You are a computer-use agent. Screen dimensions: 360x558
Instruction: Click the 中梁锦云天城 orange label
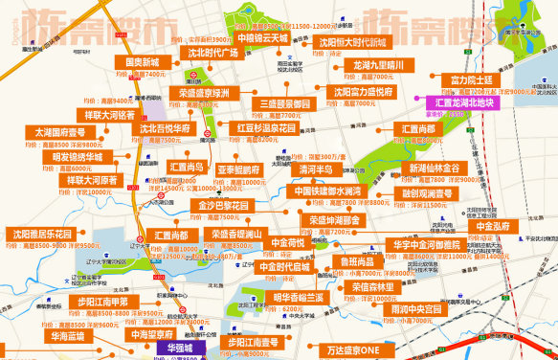pyautogui.click(x=262, y=38)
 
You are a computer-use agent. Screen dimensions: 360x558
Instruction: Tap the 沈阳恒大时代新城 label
pyautogui.click(x=352, y=43)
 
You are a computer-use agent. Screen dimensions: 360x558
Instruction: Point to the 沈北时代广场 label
pyautogui.click(x=212, y=53)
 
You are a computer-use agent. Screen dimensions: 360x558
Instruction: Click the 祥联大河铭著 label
pyautogui.click(x=109, y=115)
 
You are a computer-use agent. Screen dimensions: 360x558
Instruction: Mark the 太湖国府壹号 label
pyautogui.click(x=60, y=132)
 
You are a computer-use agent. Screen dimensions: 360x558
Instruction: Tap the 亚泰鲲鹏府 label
pyautogui.click(x=238, y=169)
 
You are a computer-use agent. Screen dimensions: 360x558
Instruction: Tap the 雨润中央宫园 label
pyautogui.click(x=416, y=309)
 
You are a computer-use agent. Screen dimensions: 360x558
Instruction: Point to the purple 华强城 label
pyautogui.click(x=179, y=349)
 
